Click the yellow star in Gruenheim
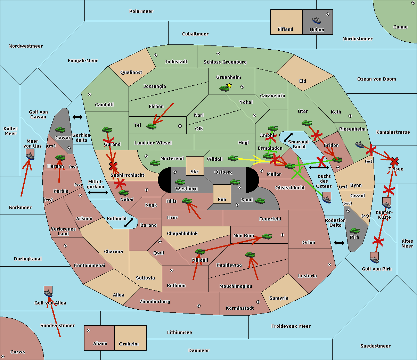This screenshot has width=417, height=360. pos(229,85)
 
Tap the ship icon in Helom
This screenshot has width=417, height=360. pos(317,20)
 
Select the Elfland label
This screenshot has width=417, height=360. pos(285,30)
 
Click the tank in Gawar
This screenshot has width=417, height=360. pos(60,129)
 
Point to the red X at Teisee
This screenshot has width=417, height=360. pos(394,161)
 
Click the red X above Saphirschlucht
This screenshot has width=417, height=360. pos(113,166)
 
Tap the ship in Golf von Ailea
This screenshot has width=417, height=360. pos(48,292)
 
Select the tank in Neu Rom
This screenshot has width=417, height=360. pos(267,236)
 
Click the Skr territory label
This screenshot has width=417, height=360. pos(195,171)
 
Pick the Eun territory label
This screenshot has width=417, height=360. pos(222,200)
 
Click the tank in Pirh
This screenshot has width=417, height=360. pos(354,231)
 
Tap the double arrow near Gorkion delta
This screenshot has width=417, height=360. pos(77,117)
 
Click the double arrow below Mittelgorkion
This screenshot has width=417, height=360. pos(98,192)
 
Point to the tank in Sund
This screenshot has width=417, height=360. pos(260,201)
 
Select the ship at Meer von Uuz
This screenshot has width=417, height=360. pos(30,154)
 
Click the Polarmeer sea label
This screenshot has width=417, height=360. pos(141,11)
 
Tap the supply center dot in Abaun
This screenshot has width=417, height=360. pos(89,330)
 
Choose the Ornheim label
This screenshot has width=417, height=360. pos(129,344)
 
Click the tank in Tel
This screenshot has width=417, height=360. pos(151,126)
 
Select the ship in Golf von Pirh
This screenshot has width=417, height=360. pos(374,258)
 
